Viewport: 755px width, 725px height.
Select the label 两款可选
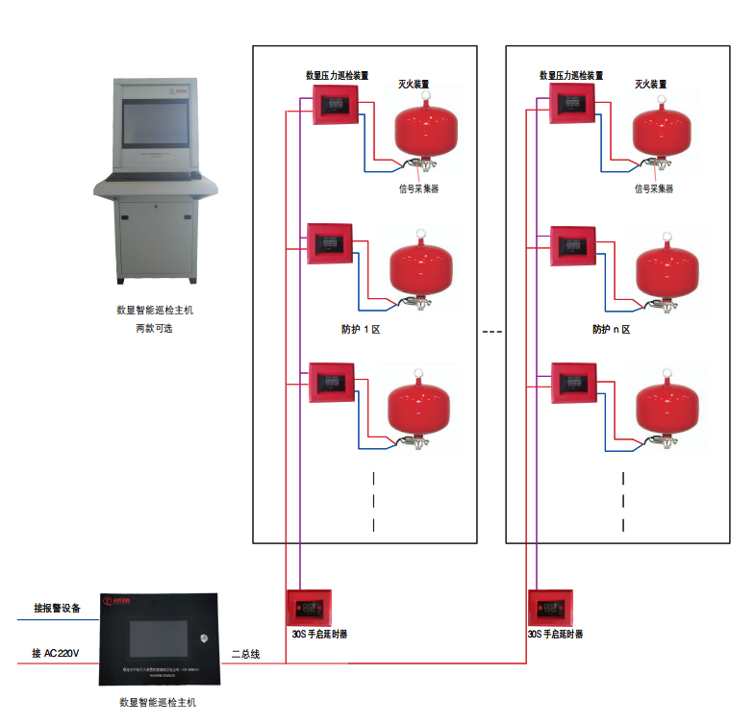click(x=154, y=328)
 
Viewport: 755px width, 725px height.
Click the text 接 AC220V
click(x=55, y=654)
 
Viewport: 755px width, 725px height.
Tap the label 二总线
click(x=245, y=655)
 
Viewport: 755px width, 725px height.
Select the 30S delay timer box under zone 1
click(x=308, y=608)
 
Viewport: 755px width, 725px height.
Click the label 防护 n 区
click(x=611, y=329)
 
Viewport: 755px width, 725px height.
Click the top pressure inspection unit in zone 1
click(x=335, y=103)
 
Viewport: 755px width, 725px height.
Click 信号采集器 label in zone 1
click(x=418, y=189)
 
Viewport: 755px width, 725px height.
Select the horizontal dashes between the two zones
click(x=491, y=332)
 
